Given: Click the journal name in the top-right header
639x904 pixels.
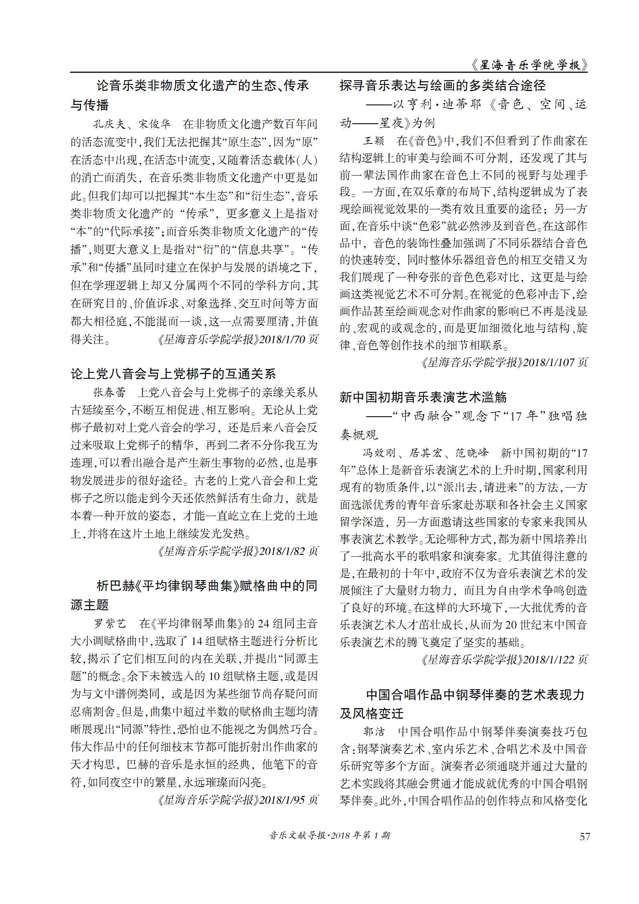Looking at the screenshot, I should (x=529, y=65).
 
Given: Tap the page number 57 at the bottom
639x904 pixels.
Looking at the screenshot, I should (x=585, y=836).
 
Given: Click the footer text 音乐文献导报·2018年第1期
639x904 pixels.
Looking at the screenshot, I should (x=329, y=835).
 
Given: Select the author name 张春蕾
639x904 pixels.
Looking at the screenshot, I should (x=109, y=392).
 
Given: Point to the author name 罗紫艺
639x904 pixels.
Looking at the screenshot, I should (x=110, y=624).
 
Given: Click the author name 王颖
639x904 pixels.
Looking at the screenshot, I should (x=374, y=141).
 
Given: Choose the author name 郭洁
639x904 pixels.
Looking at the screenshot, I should (x=374, y=731).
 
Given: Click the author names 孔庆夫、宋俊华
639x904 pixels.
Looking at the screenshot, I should (x=132, y=124).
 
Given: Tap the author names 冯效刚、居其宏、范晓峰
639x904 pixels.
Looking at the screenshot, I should (x=425, y=453).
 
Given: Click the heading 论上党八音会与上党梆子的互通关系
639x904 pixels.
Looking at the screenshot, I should (x=173, y=374).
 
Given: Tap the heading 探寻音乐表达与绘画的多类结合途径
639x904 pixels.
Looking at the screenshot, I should (x=443, y=86).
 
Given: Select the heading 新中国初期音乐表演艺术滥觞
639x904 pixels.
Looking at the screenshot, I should (x=423, y=397).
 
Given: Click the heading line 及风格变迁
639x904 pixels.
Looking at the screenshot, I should (x=372, y=713).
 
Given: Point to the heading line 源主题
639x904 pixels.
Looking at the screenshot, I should (x=90, y=605).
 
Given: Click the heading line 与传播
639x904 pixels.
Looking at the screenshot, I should (x=90, y=105).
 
